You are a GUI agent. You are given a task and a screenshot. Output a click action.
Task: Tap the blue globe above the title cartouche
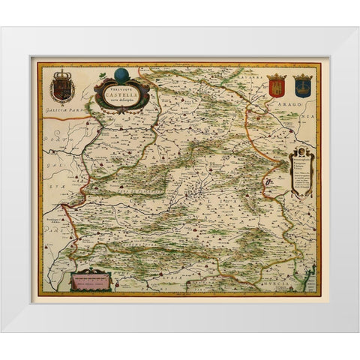tap(122, 76)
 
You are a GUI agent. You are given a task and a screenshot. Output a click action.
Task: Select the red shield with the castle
tap(276, 86)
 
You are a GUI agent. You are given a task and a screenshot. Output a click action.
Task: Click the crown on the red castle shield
tap(276, 76)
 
